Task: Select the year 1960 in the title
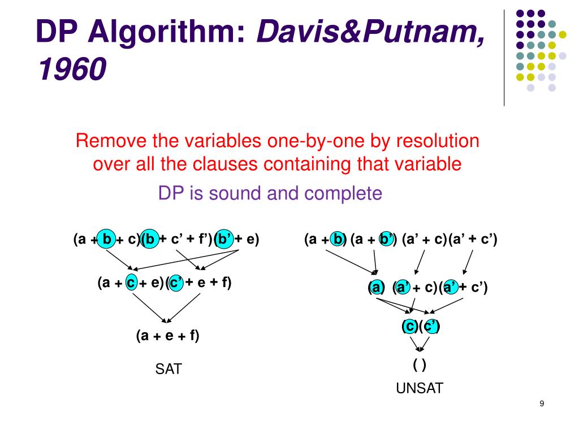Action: [71, 71]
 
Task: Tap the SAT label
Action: [168, 370]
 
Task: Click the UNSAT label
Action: [419, 388]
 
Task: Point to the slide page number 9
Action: [542, 403]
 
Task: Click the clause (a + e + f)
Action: [167, 336]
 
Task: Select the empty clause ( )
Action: [419, 365]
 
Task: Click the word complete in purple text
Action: [343, 194]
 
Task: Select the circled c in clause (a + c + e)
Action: [131, 283]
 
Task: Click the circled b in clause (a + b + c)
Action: [107, 240]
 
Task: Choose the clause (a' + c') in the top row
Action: [473, 240]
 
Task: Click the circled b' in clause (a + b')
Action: [387, 240]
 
